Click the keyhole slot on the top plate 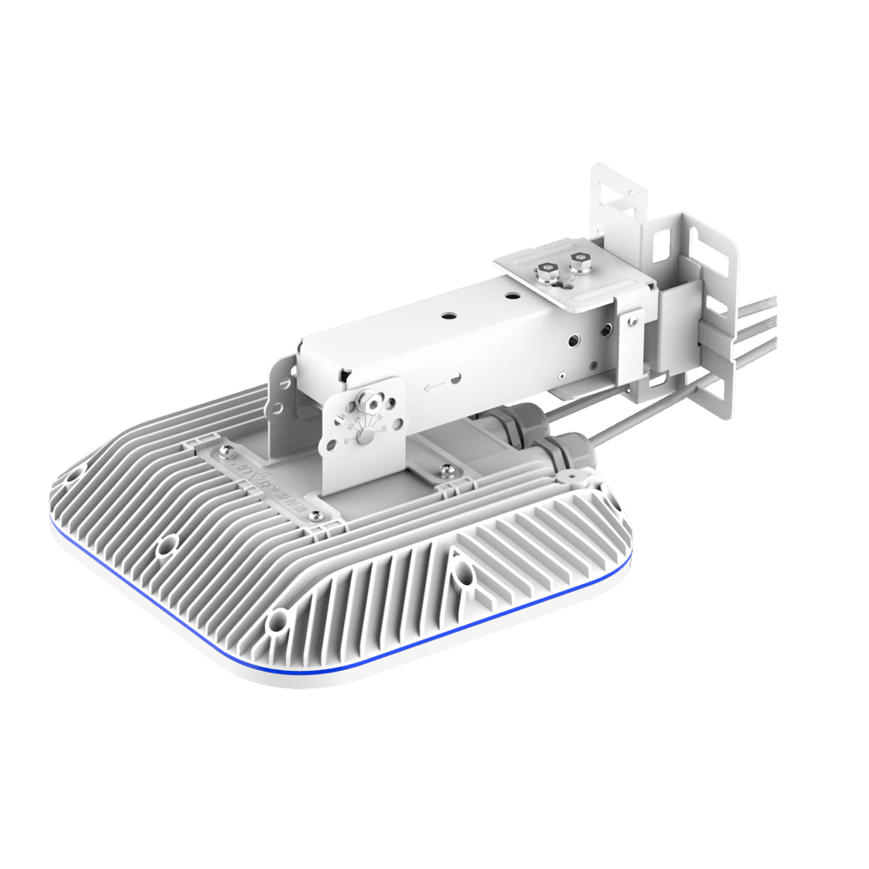pyautogui.click(x=565, y=280)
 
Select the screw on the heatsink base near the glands pyautogui.click(x=446, y=470)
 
